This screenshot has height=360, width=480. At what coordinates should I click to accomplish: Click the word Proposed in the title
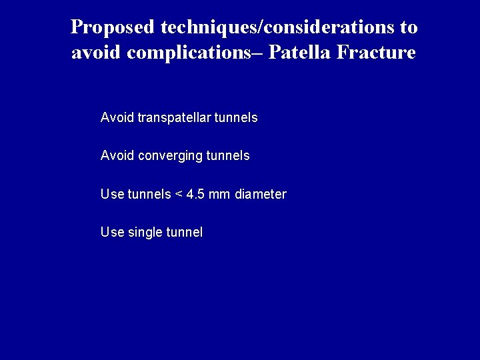(113, 28)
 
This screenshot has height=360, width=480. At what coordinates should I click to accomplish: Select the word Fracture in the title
(379, 53)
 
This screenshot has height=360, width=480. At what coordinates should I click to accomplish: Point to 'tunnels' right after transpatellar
(236, 118)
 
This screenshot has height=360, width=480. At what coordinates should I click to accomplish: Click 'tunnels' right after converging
(229, 156)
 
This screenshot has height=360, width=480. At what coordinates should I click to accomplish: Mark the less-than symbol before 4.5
(178, 195)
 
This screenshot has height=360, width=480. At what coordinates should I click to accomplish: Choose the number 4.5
(195, 195)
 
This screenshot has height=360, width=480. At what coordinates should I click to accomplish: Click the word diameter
(260, 195)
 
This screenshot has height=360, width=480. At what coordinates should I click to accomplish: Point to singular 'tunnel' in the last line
(183, 233)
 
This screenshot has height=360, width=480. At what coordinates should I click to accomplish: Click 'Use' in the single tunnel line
(111, 233)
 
